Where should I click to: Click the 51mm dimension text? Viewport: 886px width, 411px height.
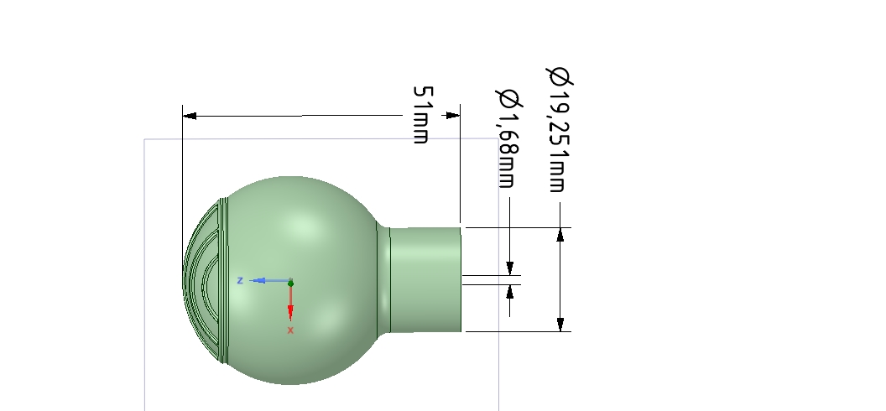pos(421,114)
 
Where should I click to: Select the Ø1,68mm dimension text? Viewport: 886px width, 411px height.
pos(507,138)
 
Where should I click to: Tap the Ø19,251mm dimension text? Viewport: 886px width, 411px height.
pos(559,130)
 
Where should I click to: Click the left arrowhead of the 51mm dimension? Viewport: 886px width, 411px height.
pos(190,115)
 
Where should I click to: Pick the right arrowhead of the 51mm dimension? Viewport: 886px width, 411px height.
pos(453,115)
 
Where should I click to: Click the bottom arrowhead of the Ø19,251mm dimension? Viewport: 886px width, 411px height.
pos(560,324)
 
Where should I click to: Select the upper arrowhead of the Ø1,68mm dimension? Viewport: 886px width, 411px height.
pos(509,268)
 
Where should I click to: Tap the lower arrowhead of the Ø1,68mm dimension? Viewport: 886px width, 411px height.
pos(509,292)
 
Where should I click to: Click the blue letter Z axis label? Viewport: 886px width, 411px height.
pos(240,280)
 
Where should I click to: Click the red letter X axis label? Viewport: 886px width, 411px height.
pos(290,330)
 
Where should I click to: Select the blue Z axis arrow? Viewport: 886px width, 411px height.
pos(267,280)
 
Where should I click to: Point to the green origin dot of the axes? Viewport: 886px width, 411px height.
pos(290,284)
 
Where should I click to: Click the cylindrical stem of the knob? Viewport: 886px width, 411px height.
pos(428,279)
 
